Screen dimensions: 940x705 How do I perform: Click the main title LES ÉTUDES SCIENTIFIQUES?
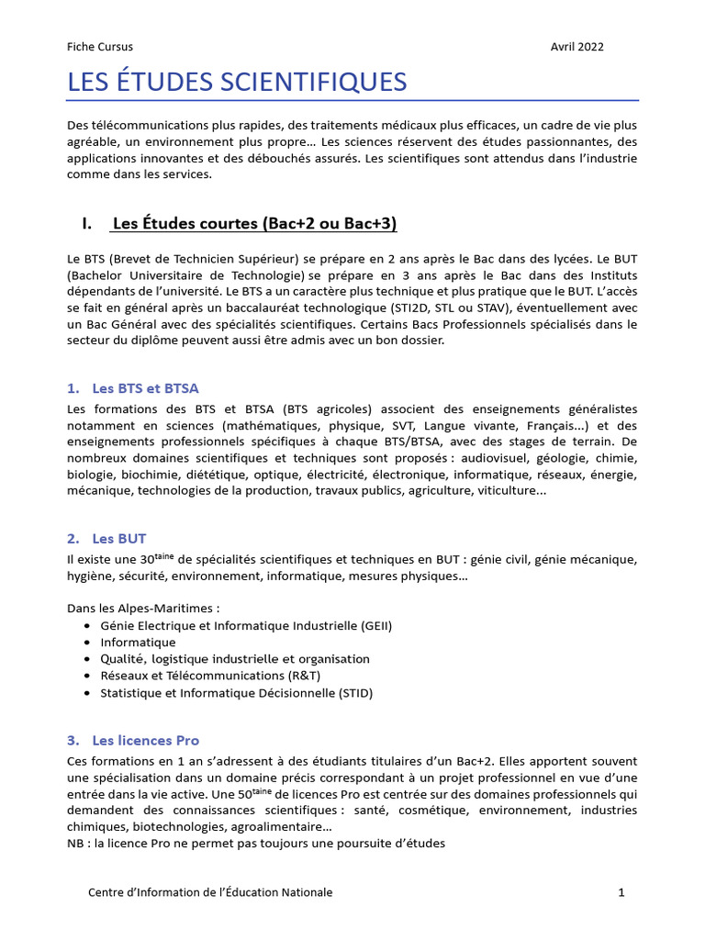click(237, 82)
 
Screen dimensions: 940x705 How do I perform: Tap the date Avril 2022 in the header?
click(577, 47)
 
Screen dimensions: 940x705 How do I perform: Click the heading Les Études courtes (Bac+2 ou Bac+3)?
click(254, 224)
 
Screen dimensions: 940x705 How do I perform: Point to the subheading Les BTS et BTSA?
click(145, 388)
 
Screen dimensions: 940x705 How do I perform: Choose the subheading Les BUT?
click(119, 539)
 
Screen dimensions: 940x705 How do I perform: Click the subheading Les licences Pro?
click(145, 740)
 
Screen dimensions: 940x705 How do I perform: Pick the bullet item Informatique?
click(138, 643)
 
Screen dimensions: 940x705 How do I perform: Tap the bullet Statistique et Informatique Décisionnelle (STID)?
click(237, 693)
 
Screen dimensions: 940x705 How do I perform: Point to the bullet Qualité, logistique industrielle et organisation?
click(235, 659)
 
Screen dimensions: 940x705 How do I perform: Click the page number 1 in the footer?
click(621, 892)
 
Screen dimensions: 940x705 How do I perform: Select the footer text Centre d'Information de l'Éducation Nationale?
click(210, 892)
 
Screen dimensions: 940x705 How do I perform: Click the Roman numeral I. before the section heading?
click(87, 224)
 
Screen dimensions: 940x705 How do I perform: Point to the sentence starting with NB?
click(256, 844)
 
